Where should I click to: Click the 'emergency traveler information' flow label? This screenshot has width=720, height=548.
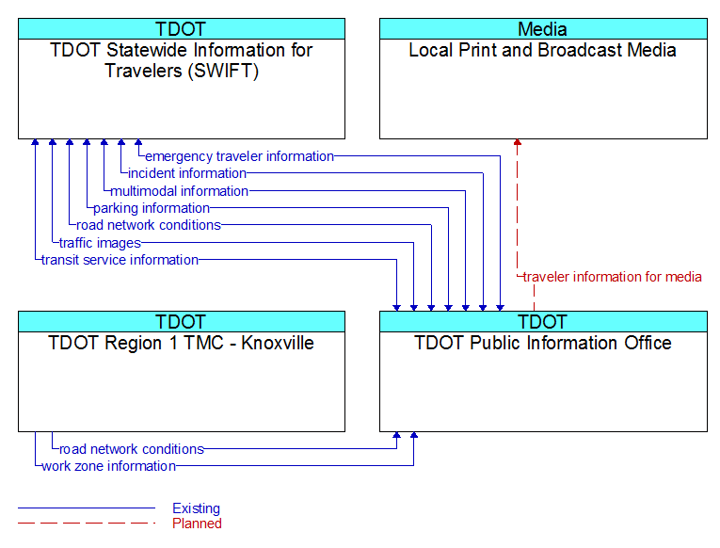239,156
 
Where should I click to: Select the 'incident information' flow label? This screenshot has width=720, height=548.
187,173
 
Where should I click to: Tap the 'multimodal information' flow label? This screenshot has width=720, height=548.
179,190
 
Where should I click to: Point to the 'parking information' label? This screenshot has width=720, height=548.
152,208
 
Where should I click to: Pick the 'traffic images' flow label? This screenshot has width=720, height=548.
100,243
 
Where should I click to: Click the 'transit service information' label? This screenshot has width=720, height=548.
120,260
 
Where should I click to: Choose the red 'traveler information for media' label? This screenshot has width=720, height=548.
612,277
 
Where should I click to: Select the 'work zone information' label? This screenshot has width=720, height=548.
109,466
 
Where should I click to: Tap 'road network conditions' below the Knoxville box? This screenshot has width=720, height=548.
132,449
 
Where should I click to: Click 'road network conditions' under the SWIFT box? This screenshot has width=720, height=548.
149,225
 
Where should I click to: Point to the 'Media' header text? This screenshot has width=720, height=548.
542,29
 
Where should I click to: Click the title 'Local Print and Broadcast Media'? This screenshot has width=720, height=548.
542,50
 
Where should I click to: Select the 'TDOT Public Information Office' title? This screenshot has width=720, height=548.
543,343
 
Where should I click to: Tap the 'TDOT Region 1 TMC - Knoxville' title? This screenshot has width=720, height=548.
181,343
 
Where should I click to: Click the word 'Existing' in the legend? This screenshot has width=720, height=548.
196,508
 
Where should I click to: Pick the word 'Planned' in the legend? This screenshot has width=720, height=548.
197,524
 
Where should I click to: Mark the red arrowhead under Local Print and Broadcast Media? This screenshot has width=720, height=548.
517,142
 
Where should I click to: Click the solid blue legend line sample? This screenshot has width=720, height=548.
87,508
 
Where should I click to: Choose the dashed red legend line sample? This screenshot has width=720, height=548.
87,524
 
